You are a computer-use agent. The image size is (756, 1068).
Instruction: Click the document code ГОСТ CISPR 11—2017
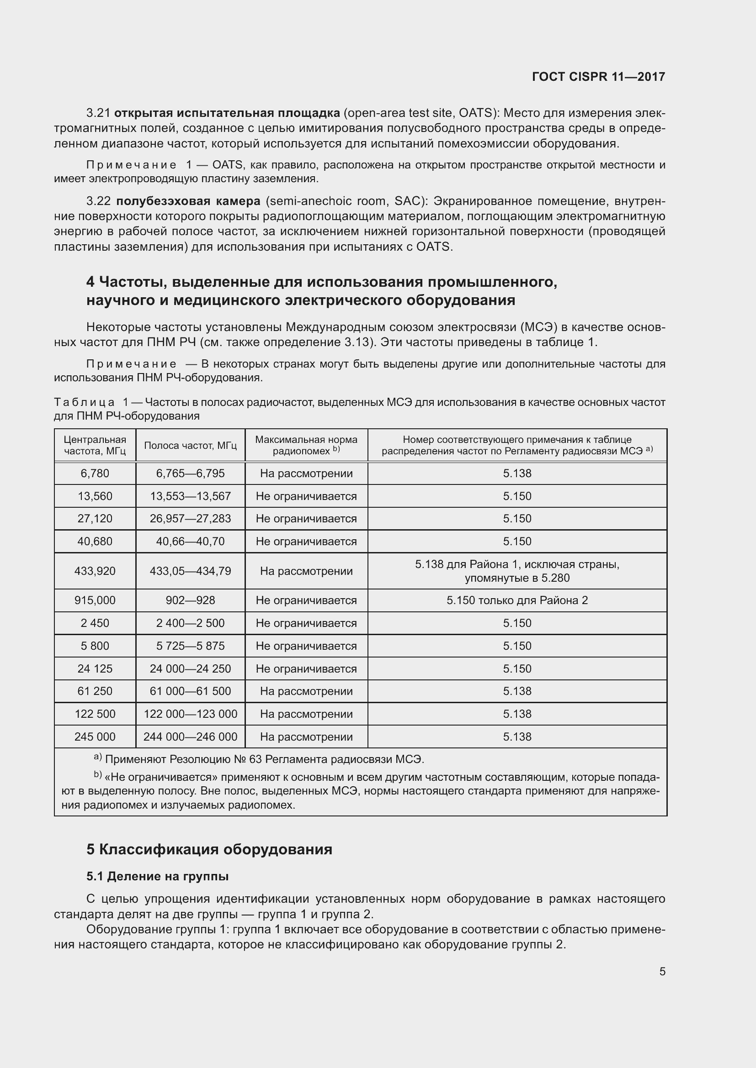598,77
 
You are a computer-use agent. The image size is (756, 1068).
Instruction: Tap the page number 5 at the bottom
662,971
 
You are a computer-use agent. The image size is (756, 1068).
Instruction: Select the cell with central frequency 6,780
95,473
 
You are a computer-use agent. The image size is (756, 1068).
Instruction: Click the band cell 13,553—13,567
191,496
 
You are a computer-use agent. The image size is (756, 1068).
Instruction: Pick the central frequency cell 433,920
95,571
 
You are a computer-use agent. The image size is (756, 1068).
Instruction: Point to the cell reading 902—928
191,600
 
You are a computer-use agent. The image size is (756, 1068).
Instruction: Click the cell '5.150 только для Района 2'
517,600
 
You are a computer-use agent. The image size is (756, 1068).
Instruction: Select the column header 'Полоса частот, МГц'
191,445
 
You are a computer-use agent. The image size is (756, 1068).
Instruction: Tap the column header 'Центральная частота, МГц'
95,445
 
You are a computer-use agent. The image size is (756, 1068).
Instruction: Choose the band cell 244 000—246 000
191,737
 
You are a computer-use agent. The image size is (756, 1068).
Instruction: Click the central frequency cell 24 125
95,668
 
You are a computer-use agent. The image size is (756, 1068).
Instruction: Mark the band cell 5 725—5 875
191,646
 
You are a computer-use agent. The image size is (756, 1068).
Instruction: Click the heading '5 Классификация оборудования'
209,849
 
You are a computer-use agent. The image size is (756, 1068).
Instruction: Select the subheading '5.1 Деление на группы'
157,876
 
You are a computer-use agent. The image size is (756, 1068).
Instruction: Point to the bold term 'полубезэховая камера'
188,201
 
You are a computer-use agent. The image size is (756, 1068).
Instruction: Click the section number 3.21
98,113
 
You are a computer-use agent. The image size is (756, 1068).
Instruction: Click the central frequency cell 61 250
95,691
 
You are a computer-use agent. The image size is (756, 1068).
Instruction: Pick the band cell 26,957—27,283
191,518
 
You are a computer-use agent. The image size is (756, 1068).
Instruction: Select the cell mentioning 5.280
517,571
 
